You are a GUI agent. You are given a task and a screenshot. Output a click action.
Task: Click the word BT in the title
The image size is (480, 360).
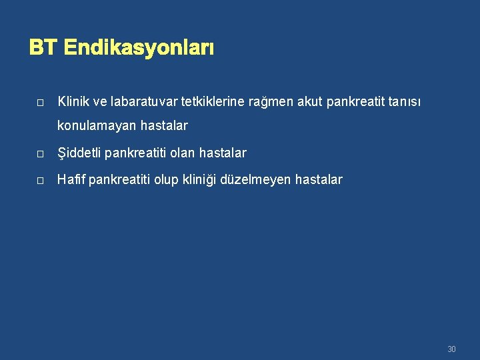[43, 49]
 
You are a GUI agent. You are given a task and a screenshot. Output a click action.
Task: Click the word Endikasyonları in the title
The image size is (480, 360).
[139, 49]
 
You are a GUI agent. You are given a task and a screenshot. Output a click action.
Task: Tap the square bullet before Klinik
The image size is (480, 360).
[40, 103]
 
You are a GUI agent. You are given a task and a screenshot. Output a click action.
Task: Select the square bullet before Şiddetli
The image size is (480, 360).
[40, 154]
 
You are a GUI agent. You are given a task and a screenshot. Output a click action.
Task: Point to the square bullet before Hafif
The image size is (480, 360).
[40, 181]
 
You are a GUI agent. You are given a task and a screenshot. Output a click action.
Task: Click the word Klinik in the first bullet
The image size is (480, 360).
[73, 102]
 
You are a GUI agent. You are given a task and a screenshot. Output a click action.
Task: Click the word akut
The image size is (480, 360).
[311, 102]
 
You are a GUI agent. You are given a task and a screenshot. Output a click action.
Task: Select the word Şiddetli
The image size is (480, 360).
[79, 153]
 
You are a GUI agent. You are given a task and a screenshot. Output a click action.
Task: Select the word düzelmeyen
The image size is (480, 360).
[257, 180]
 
